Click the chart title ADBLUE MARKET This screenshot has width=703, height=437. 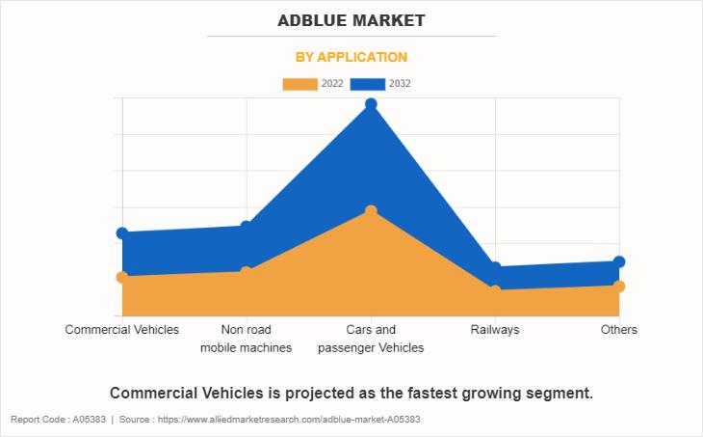point(351,20)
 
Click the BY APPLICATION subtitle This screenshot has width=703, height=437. point(351,57)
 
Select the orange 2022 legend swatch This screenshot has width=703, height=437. point(299,84)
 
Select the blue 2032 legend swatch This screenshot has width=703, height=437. point(367,84)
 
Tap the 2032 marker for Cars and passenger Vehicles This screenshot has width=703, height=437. point(371,104)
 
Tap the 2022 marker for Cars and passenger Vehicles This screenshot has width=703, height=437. point(371,210)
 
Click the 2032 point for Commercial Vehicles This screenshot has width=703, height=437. point(122,232)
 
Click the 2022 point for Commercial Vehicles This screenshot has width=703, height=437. point(122,277)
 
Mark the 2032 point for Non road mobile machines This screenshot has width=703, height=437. point(247,226)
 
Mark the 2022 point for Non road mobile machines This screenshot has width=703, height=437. point(247,271)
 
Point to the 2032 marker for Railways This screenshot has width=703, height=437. point(495,267)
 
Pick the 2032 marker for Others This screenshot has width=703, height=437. point(619,261)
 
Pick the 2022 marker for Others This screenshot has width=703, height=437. point(619,286)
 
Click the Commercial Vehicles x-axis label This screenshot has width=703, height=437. point(122,330)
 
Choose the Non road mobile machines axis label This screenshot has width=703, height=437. point(247,339)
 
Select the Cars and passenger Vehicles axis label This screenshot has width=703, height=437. point(371,339)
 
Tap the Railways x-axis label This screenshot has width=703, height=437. point(495,330)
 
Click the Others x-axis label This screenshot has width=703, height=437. point(619,330)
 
